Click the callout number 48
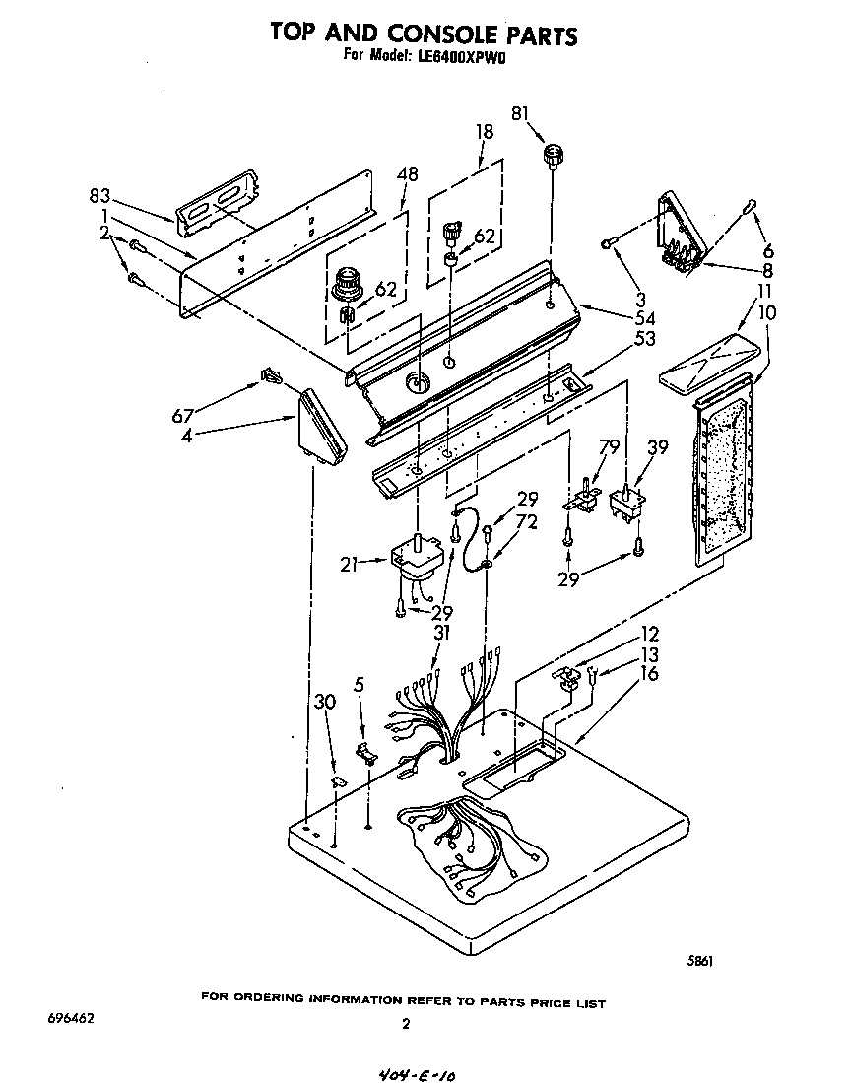[406, 175]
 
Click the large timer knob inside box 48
[347, 284]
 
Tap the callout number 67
[183, 415]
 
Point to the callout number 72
[527, 521]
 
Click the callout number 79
[610, 448]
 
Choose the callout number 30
[325, 702]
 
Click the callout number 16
[648, 674]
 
